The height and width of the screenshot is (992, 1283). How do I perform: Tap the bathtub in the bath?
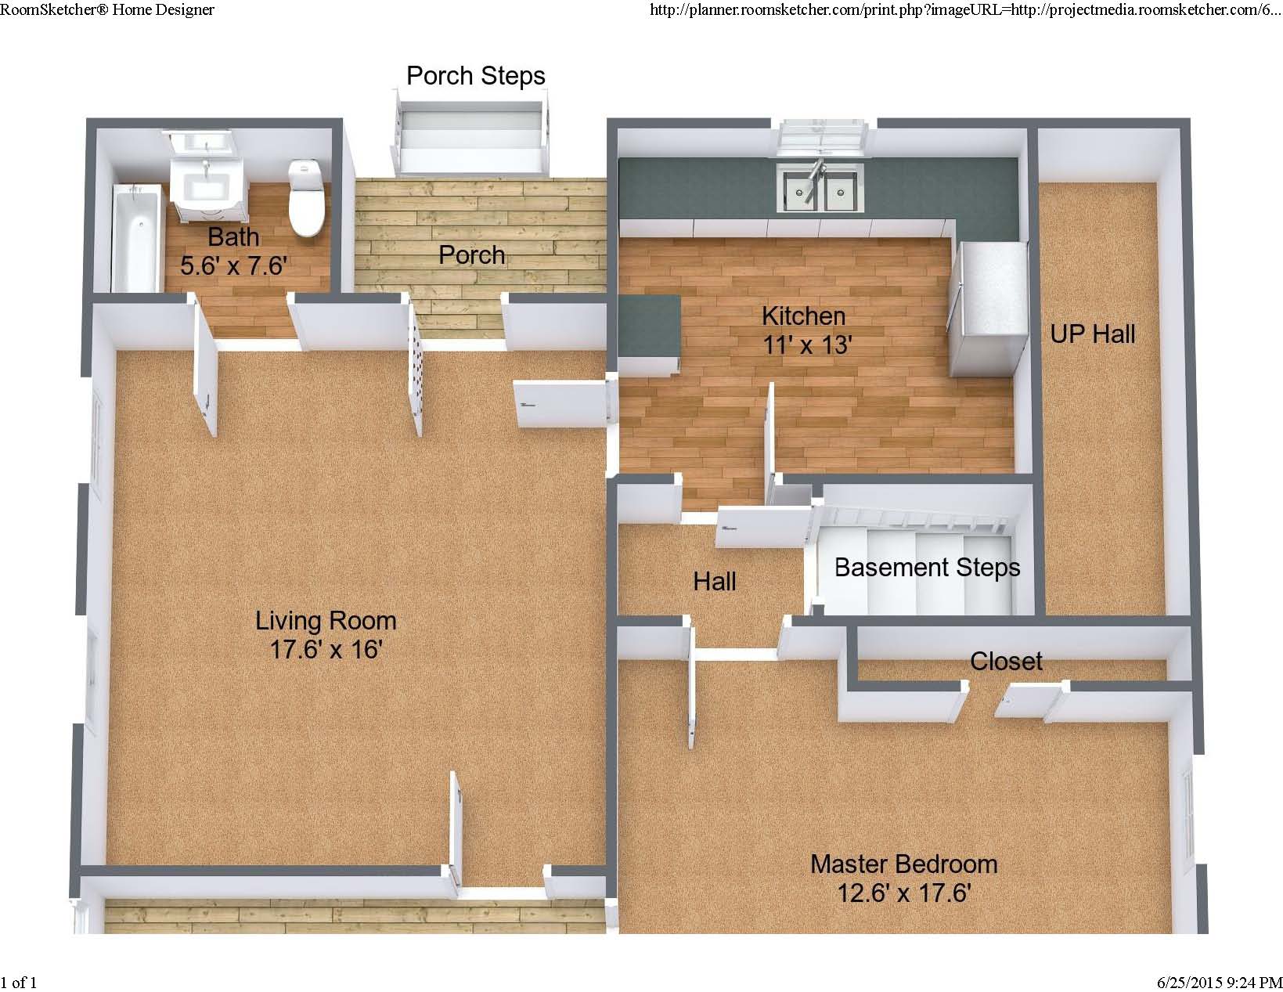pyautogui.click(x=136, y=238)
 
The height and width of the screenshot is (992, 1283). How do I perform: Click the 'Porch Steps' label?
pyautogui.click(x=476, y=76)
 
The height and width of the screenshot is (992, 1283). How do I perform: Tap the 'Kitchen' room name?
pyautogui.click(x=804, y=316)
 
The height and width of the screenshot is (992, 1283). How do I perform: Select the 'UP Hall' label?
pyautogui.click(x=1093, y=335)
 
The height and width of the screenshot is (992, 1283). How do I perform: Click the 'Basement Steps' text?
pyautogui.click(x=928, y=568)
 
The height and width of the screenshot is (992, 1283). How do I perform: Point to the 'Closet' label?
pyautogui.click(x=1006, y=662)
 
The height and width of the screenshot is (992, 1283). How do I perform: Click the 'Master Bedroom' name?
pyautogui.click(x=904, y=864)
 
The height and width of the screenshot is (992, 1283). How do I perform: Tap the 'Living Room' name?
pyautogui.click(x=326, y=621)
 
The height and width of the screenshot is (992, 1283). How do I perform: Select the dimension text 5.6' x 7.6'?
pyautogui.click(x=234, y=265)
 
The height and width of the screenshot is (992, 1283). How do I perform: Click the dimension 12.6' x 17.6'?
pyautogui.click(x=904, y=893)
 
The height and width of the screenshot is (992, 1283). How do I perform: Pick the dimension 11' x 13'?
pyautogui.click(x=806, y=344)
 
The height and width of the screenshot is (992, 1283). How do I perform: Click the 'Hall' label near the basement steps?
pyautogui.click(x=715, y=582)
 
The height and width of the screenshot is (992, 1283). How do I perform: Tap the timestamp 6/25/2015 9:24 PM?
pyautogui.click(x=1220, y=982)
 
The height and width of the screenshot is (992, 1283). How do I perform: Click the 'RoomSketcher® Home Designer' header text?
pyautogui.click(x=107, y=10)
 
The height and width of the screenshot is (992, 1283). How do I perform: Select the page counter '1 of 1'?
pyautogui.click(x=19, y=982)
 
